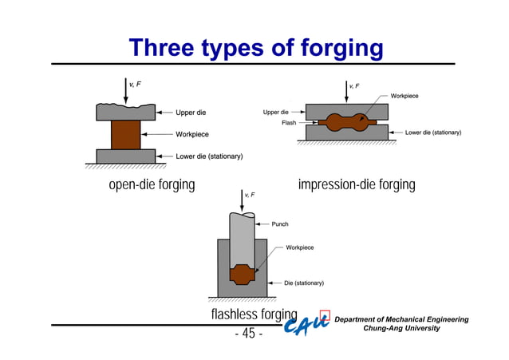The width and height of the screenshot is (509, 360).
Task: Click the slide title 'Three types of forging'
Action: click(256, 49)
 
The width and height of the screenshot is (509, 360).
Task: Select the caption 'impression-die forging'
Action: click(357, 185)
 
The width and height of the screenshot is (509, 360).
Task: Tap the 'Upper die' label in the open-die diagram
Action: click(191, 113)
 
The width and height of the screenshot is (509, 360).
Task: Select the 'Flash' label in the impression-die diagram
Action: click(289, 123)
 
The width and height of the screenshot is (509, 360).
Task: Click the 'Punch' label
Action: click(280, 224)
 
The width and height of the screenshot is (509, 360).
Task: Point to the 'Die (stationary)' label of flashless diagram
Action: click(304, 283)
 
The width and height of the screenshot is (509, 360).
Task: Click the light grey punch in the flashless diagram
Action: click(243, 239)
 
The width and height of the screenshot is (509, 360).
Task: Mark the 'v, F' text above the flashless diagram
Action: click(251, 195)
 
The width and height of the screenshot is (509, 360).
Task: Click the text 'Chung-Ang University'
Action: click(400, 329)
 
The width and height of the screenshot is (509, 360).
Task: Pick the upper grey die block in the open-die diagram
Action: click(125, 112)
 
